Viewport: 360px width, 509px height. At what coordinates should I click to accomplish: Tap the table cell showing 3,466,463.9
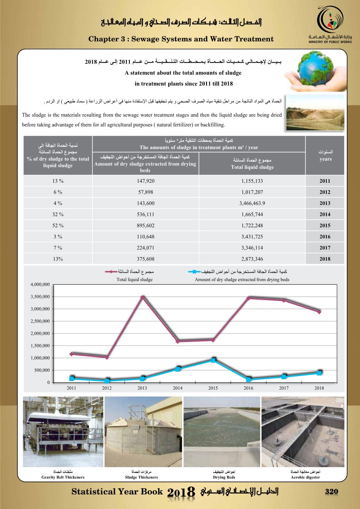(252, 203)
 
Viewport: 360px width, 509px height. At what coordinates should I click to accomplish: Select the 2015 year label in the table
(325, 226)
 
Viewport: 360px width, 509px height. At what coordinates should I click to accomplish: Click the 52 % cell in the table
(58, 226)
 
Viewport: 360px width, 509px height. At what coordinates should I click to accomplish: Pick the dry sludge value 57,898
(145, 192)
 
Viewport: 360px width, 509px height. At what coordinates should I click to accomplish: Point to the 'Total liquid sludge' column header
(252, 164)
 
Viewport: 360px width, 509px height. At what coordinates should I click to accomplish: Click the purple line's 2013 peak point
(142, 297)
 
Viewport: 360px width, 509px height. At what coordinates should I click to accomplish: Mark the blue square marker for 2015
(213, 360)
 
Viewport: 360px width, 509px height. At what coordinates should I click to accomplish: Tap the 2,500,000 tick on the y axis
(41, 321)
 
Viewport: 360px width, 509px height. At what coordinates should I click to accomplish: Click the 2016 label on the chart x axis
(249, 388)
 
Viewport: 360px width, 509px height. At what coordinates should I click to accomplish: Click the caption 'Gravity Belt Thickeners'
(63, 478)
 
